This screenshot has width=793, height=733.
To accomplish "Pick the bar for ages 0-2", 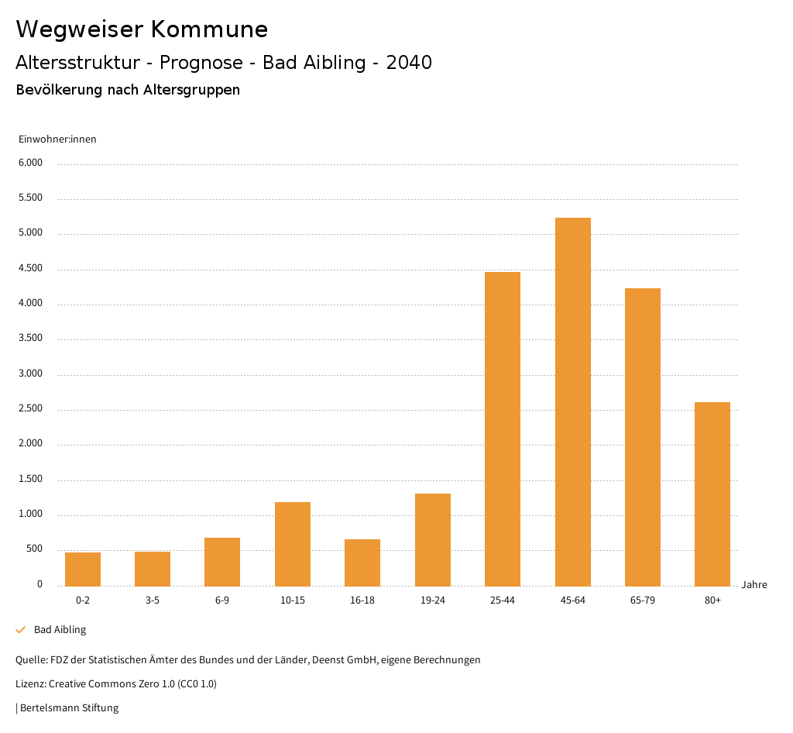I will tap(83, 569).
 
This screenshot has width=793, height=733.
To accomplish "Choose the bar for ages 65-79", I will tap(643, 437).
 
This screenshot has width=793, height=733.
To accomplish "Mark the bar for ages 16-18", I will tap(362, 562).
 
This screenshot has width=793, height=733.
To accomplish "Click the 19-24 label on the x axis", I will tap(433, 601).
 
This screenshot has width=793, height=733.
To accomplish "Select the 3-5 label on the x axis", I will tap(153, 601).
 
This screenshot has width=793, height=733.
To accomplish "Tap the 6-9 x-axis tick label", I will tap(222, 601).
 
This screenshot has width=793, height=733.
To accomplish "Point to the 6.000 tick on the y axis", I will tap(31, 163).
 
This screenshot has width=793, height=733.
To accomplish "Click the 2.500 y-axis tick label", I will tap(31, 409).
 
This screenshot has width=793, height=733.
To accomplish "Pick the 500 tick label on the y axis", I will tap(35, 549).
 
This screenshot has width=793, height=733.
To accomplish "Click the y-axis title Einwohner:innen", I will tap(57, 139).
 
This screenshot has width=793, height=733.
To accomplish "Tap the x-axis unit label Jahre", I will tap(754, 585).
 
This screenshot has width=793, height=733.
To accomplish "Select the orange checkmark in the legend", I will tap(21, 630).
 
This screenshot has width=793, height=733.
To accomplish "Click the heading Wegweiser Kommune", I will tap(142, 29).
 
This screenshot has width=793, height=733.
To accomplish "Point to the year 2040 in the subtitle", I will tap(409, 63).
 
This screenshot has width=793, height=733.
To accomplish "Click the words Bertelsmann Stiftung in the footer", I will tap(69, 707).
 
